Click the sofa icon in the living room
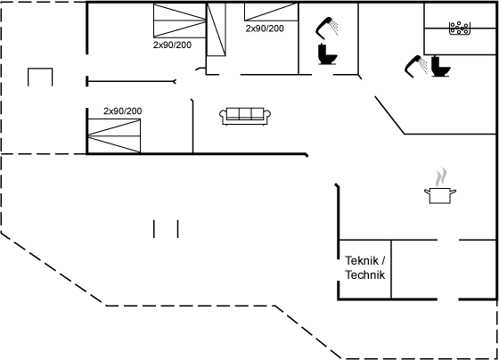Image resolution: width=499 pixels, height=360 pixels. pyautogui.click(x=245, y=116)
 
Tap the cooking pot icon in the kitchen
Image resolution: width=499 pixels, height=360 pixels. pyautogui.click(x=440, y=195)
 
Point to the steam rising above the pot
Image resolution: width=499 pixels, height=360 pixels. pyautogui.click(x=441, y=177)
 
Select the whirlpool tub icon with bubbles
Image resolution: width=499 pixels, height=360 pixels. pyautogui.click(x=460, y=28)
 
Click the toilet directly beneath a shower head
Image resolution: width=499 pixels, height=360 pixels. pyautogui.click(x=327, y=54)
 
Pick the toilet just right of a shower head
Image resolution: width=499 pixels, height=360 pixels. pyautogui.click(x=440, y=66)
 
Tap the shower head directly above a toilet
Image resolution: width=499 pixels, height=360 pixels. pyautogui.click(x=327, y=28)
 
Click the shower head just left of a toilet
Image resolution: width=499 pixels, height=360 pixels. pyautogui.click(x=416, y=66)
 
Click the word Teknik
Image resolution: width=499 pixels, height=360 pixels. pyautogui.click(x=362, y=261)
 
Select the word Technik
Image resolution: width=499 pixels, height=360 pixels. pyautogui.click(x=365, y=274)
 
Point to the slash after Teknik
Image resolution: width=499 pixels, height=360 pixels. pyautogui.click(x=383, y=261)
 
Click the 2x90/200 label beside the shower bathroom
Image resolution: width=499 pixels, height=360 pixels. pyautogui.click(x=265, y=29)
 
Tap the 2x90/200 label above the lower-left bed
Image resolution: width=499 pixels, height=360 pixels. pyautogui.click(x=123, y=111)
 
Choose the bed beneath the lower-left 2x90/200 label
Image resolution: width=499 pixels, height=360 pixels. pyautogui.click(x=114, y=136)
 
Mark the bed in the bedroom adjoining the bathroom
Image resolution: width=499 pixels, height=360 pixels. pyautogui.click(x=271, y=12)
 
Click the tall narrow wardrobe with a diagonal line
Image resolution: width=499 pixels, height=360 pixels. pyautogui.click(x=217, y=29)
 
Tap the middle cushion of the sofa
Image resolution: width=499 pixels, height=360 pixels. pyautogui.click(x=245, y=113)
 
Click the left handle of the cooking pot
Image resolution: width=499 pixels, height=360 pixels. pyautogui.click(x=427, y=191)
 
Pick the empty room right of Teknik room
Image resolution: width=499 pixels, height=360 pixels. pyautogui.click(x=444, y=269)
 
